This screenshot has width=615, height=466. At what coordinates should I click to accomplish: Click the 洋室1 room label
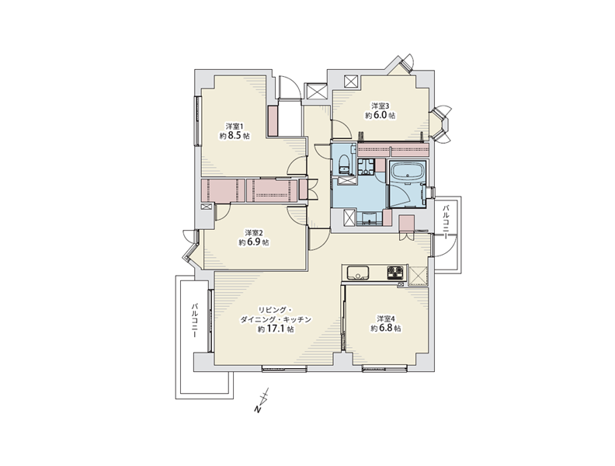pyautogui.click(x=235, y=127)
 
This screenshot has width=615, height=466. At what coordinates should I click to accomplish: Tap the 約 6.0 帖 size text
pyautogui.click(x=380, y=115)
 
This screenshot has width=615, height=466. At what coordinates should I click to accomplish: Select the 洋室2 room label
pyautogui.click(x=254, y=232)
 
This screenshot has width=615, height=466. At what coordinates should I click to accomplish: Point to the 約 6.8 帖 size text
pyautogui.click(x=386, y=329)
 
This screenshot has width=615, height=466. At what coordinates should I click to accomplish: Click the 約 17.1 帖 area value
pyautogui.click(x=276, y=329)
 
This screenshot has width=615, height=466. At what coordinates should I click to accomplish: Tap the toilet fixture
pyautogui.click(x=344, y=165)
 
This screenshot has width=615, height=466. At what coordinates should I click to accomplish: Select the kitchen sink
pyautogui.click(x=357, y=273)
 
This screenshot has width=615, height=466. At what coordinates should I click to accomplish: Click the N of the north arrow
pyautogui.click(x=258, y=410)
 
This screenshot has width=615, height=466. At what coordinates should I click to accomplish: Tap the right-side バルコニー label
pyautogui.click(x=446, y=221)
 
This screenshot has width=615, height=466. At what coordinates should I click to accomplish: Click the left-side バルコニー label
pyautogui.click(x=194, y=320)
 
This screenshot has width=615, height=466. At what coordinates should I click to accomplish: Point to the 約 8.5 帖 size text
pyautogui.click(x=235, y=136)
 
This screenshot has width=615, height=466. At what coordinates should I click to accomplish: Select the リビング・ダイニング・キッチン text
pyautogui.click(x=276, y=315)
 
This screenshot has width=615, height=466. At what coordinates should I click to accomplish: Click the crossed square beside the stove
pyautogui.click(x=418, y=276)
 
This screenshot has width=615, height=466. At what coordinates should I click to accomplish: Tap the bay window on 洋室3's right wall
pyautogui.click(x=440, y=125)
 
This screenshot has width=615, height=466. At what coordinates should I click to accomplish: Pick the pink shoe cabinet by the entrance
pyautogui.click(x=273, y=121)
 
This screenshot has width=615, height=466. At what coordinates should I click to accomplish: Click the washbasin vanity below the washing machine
pyautogui.click(x=369, y=218)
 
